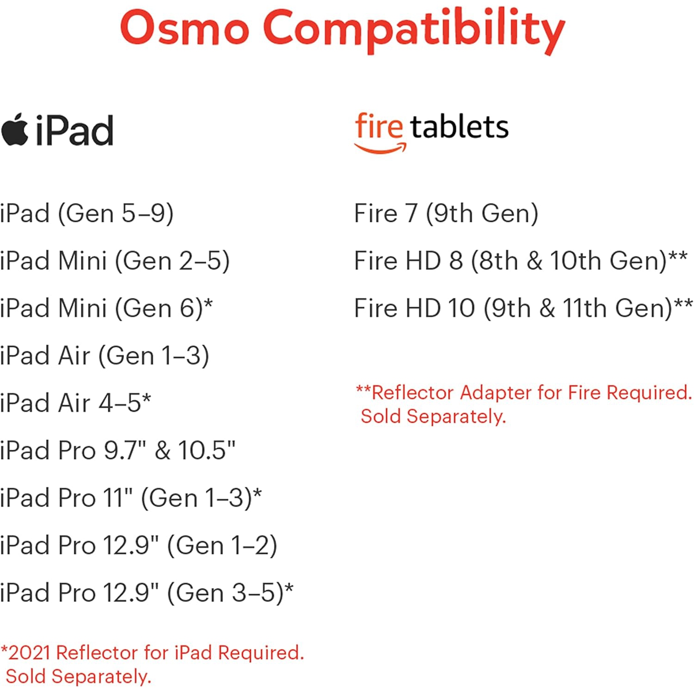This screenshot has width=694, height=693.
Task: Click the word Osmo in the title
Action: tap(184, 28)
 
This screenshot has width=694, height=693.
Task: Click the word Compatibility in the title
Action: tap(414, 30)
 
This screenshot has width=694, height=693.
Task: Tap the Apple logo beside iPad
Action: tap(15, 130)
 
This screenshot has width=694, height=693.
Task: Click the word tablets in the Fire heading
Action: tap(459, 127)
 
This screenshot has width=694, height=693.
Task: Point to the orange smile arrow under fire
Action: tap(380, 148)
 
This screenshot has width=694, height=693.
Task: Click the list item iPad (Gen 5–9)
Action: tap(87, 214)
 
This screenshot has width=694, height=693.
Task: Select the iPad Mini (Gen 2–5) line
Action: tap(115, 261)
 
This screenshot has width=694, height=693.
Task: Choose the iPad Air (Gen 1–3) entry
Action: tap(105, 356)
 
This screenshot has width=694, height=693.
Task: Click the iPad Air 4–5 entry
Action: tap(75, 403)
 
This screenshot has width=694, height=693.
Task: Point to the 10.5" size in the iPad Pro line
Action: tap(206, 450)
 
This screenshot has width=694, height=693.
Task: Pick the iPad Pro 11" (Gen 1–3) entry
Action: tap(130, 498)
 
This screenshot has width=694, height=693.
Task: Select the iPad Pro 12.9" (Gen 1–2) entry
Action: tap(138, 546)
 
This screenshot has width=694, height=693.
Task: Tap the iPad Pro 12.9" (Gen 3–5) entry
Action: tap(146, 593)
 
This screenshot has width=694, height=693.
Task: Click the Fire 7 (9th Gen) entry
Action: tap(446, 214)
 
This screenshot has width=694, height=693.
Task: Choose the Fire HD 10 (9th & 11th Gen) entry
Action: tap(523, 308)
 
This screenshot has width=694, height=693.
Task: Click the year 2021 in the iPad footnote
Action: tap(30, 653)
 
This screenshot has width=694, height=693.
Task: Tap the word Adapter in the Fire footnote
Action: tap(496, 392)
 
